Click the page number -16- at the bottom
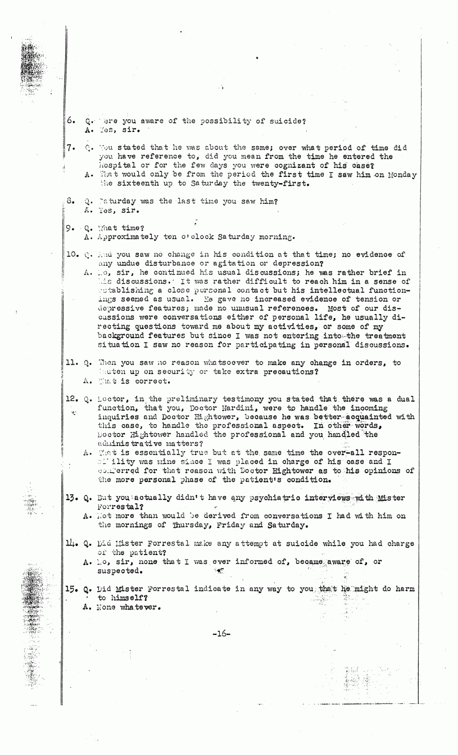click(x=219, y=633)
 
